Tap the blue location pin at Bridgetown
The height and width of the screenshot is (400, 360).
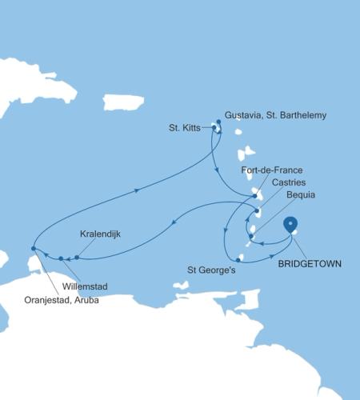pyautogui.click(x=291, y=224)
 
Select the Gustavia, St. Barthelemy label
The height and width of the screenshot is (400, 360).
pyautogui.click(x=276, y=115)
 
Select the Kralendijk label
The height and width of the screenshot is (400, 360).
pyautogui.click(x=101, y=234)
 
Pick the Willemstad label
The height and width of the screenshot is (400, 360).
pyautogui.click(x=85, y=286)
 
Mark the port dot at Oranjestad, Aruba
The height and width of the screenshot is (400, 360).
pyautogui.click(x=33, y=249)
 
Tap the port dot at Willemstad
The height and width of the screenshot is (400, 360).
pyautogui.click(x=61, y=258)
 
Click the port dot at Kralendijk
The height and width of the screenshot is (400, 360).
pyautogui.click(x=77, y=258)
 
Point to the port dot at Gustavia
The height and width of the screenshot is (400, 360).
pyautogui.click(x=218, y=122)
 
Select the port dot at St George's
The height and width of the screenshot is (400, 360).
pyautogui.click(x=239, y=258)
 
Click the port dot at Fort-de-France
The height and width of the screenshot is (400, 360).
pyautogui.click(x=254, y=196)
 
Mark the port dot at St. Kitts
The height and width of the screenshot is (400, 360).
pyautogui.click(x=214, y=126)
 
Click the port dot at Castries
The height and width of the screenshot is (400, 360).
pyautogui.click(x=257, y=212)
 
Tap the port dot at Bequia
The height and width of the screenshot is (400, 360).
pyautogui.click(x=251, y=235)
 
